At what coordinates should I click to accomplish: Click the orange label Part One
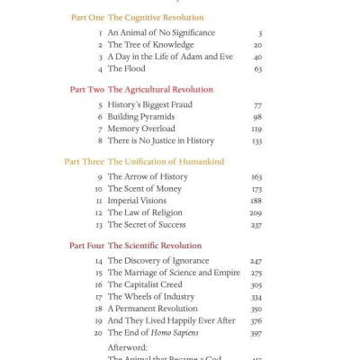(x=86, y=17)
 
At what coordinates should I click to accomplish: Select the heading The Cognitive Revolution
(x=156, y=17)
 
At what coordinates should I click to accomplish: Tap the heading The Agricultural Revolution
(x=160, y=89)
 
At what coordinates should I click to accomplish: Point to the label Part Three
(x=84, y=161)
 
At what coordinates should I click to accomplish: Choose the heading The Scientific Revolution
(x=155, y=245)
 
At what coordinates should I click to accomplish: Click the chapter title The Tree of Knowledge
(x=150, y=44)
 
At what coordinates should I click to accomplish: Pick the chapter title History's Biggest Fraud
(x=149, y=104)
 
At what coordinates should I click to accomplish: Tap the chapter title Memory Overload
(x=141, y=129)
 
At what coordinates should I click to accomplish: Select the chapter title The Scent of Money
(x=146, y=189)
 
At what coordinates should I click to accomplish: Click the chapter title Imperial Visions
(x=137, y=201)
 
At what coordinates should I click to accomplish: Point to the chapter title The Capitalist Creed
(x=147, y=284)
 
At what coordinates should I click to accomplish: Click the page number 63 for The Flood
(x=257, y=68)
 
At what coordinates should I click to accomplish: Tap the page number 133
(x=256, y=140)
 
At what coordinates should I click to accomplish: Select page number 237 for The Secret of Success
(x=256, y=225)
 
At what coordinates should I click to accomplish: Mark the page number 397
(x=256, y=333)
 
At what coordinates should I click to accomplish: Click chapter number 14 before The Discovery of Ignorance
(x=99, y=261)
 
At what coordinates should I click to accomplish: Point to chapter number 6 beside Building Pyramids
(x=100, y=117)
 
